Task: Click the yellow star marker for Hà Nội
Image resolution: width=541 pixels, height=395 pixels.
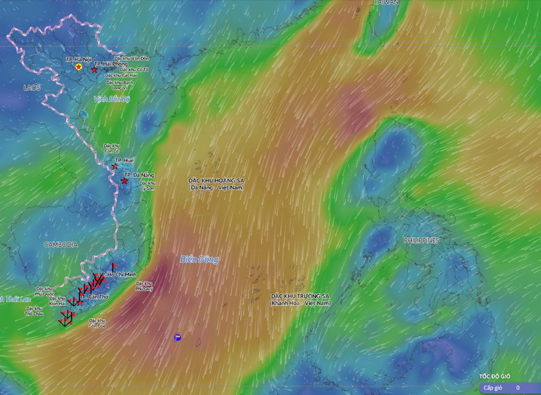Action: coord(78,67)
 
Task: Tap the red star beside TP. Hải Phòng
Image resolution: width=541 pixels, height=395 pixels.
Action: coord(95,69)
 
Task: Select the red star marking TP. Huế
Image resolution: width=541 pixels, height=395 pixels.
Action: coord(115,166)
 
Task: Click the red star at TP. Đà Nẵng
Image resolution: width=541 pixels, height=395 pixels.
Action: coord(125,181)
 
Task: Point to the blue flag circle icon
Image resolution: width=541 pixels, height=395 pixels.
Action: coord(178,337)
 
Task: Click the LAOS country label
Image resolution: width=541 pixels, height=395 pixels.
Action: coord(32,88)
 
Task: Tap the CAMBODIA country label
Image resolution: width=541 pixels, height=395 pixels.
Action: coord(61,245)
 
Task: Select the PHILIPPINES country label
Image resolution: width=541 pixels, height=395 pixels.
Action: coord(421,240)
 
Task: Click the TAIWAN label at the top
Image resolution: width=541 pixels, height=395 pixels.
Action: coord(386,2)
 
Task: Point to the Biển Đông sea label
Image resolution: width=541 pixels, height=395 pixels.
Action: coord(200,259)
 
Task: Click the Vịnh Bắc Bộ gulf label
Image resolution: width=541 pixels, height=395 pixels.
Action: coord(111,99)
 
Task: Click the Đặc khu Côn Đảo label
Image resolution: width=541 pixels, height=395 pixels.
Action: coord(97,323)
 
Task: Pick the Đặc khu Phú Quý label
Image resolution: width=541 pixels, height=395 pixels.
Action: coord(144,286)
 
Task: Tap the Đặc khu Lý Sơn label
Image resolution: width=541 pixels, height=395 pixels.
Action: coord(148,186)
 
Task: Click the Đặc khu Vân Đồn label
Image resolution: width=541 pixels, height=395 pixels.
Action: coord(132,59)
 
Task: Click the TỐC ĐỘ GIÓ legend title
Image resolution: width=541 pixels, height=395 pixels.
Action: coord(495,376)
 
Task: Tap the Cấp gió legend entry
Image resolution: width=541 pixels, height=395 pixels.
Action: coord(493,388)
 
